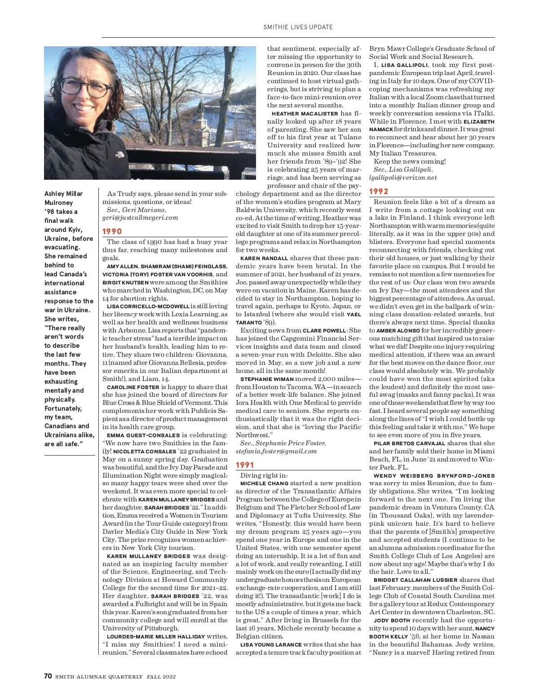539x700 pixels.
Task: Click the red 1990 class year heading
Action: tap(112, 231)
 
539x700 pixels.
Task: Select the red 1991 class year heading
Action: tap(245, 465)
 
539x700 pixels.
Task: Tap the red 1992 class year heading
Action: tap(379, 191)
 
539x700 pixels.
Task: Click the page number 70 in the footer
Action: tap(48, 676)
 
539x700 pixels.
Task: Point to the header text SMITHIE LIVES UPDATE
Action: tap(298, 27)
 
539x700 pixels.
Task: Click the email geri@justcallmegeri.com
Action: tap(140, 217)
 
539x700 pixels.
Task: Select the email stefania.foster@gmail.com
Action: tap(276, 451)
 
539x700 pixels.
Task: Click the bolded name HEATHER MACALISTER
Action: tap(305, 114)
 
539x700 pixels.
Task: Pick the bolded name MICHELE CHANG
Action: tap(264, 483)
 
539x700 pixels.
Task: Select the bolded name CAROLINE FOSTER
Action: tap(133, 387)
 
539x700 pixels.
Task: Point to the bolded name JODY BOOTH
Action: tap(392, 620)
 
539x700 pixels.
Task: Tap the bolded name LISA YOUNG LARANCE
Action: tap(271, 645)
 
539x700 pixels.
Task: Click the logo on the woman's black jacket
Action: tap(119, 154)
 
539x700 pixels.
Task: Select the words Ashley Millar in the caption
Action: tap(63, 194)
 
